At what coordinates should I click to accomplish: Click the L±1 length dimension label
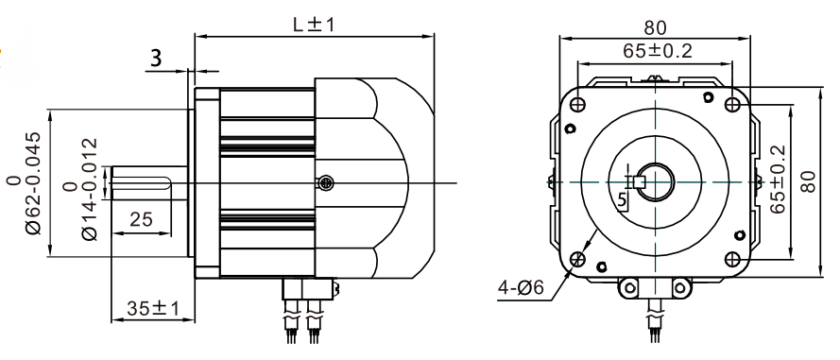click(314, 25)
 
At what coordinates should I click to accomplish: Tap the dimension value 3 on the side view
click(155, 58)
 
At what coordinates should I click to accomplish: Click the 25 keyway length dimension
click(141, 218)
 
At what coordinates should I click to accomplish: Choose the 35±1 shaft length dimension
click(153, 309)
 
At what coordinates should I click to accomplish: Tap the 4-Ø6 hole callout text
click(521, 288)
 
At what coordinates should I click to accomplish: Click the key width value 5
click(622, 199)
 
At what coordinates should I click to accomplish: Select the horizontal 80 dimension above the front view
click(655, 27)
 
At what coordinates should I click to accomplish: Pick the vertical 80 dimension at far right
click(809, 181)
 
